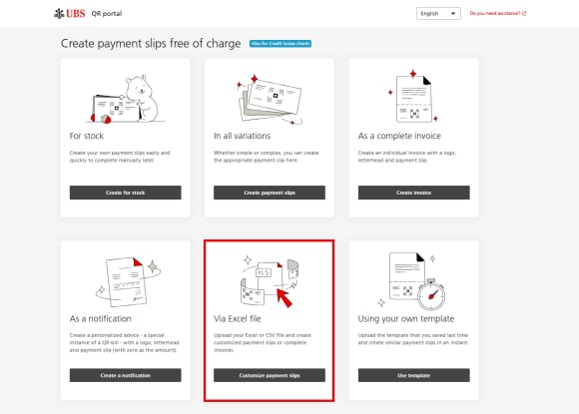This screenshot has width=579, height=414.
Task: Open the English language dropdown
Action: pos(437,14)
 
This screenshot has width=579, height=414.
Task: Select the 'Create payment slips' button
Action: pos(269,192)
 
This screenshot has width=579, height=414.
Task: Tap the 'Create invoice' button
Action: pos(412,192)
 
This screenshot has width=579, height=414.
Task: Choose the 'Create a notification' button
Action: pos(125,375)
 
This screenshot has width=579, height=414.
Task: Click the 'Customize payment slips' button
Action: pos(269,375)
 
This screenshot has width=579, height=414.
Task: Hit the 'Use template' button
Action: pos(412,375)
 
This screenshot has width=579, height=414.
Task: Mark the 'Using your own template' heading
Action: pos(407,317)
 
